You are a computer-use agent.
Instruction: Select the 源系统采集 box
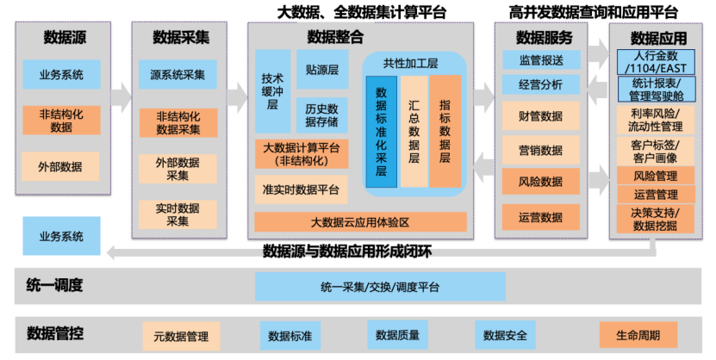point(177,75)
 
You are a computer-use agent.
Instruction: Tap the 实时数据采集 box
point(177,214)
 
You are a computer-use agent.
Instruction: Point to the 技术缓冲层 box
point(272,90)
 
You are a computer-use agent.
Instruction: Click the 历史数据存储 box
point(321,115)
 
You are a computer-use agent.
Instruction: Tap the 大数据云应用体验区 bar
point(360,222)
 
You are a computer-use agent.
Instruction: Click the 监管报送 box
point(540,60)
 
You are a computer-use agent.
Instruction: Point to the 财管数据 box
point(540,116)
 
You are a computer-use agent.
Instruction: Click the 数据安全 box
point(505,334)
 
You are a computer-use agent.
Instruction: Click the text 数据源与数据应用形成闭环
point(346,251)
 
